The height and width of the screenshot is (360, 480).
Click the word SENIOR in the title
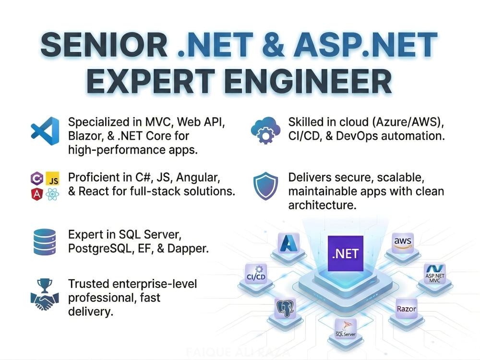click(104, 45)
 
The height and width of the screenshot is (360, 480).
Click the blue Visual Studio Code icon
click(45, 131)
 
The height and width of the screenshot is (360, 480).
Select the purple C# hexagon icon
click(37, 179)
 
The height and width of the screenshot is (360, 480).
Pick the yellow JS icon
click(52, 179)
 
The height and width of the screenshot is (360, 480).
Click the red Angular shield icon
click(37, 194)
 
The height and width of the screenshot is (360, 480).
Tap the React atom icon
click(52, 194)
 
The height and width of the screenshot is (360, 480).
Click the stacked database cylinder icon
click(45, 242)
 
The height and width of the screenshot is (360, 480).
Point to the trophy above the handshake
click(44, 285)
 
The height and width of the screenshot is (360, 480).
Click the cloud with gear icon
click(265, 130)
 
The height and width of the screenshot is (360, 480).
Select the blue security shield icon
click(265, 186)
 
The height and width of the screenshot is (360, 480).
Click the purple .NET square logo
click(345, 253)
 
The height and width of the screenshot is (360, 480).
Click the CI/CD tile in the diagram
click(256, 274)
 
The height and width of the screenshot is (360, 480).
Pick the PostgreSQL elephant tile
click(285, 308)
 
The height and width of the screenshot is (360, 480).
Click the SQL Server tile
click(346, 329)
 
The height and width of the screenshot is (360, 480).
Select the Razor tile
click(406, 309)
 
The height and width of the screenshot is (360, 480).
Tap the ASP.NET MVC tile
click(435, 274)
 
